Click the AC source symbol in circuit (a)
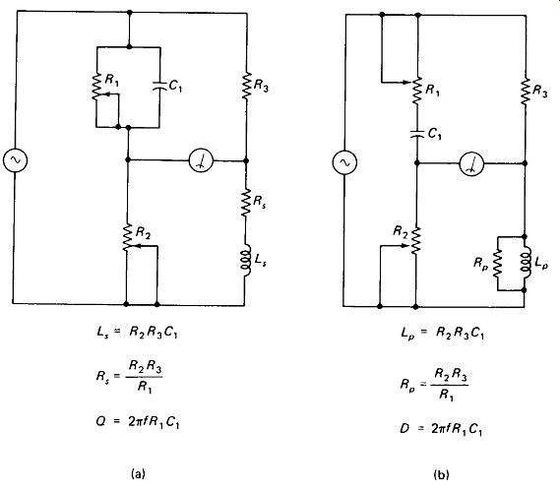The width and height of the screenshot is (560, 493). (x=15, y=159)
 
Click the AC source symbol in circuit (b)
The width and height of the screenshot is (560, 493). (x=344, y=162)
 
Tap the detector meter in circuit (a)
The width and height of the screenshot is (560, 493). (x=201, y=161)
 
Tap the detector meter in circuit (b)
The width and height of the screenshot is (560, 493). (x=471, y=164)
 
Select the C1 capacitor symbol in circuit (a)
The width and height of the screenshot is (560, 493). (x=159, y=86)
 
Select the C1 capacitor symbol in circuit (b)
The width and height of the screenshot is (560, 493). (x=416, y=134)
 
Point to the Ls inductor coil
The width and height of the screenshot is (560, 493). (x=245, y=260)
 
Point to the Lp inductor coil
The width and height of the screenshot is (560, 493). (x=526, y=264)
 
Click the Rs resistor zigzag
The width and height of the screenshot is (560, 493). (x=245, y=203)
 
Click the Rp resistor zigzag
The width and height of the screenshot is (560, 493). (x=497, y=264)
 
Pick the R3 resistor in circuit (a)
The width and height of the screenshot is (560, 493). (x=246, y=86)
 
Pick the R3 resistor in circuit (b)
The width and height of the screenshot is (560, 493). (x=526, y=92)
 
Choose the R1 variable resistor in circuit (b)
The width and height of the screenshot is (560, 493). (x=417, y=91)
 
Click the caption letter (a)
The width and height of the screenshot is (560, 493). (x=138, y=473)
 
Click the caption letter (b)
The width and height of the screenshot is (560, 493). (x=441, y=475)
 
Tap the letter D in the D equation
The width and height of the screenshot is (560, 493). (x=404, y=428)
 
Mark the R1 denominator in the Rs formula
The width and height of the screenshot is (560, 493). (x=145, y=387)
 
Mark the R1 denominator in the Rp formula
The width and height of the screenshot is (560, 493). (x=447, y=395)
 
